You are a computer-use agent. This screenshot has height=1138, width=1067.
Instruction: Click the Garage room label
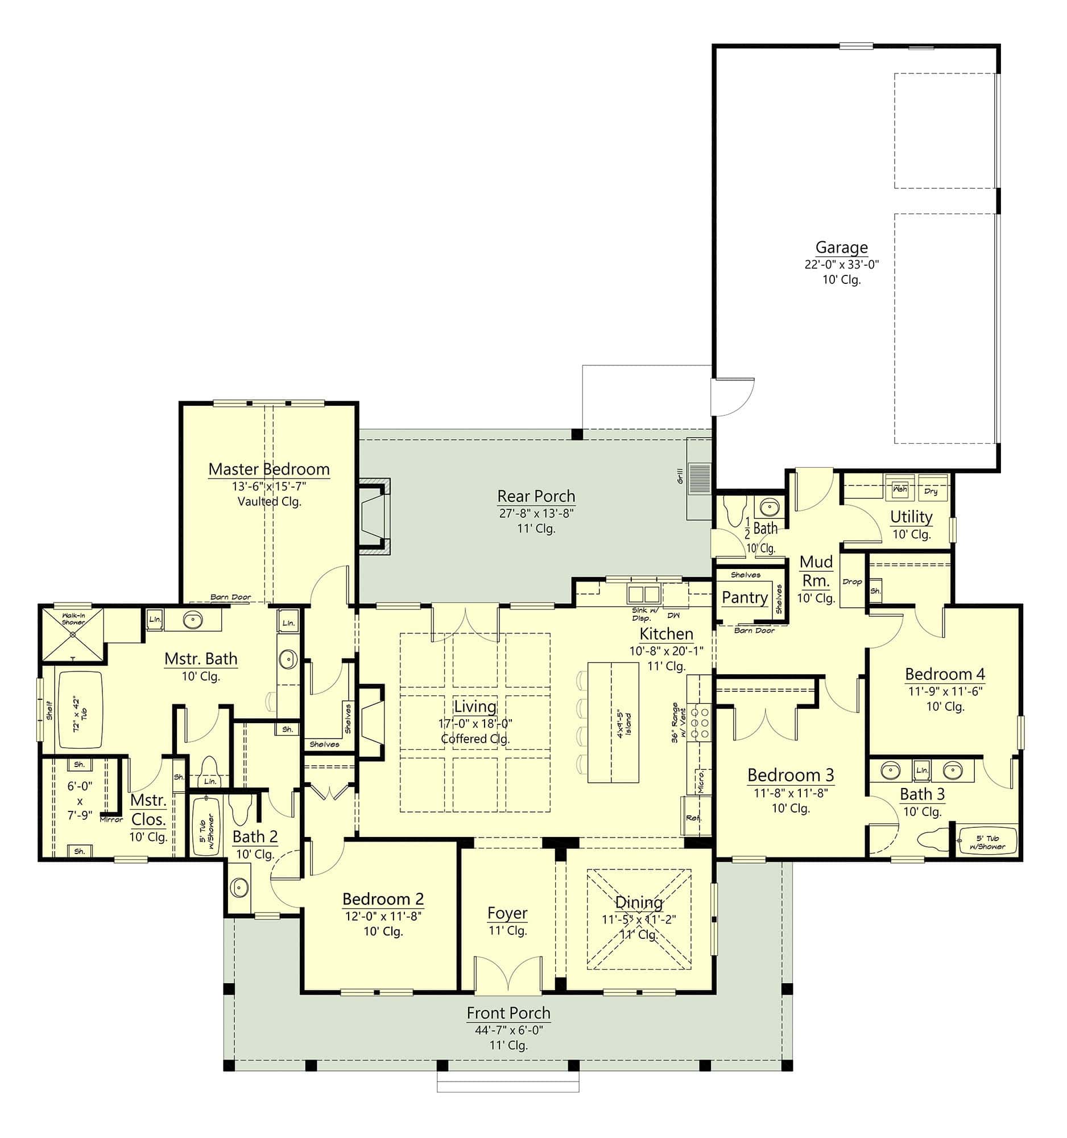(x=841, y=248)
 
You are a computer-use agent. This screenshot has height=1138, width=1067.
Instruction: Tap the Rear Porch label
(x=536, y=496)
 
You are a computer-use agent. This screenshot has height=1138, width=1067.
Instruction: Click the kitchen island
(x=613, y=723)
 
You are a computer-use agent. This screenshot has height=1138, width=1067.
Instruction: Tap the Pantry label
(x=745, y=597)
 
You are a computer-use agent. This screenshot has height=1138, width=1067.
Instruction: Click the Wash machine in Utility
(x=900, y=489)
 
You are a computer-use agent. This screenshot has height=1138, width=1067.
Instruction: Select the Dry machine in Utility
(x=930, y=490)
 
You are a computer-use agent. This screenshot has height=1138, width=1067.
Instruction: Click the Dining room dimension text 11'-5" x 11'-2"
(x=639, y=920)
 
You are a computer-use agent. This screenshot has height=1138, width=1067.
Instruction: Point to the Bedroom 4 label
(x=945, y=674)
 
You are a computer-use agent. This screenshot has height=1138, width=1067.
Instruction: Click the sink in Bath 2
(x=239, y=888)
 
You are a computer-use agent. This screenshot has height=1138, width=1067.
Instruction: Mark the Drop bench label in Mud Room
(x=852, y=582)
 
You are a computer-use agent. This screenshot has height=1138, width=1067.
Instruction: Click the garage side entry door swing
(x=733, y=397)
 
